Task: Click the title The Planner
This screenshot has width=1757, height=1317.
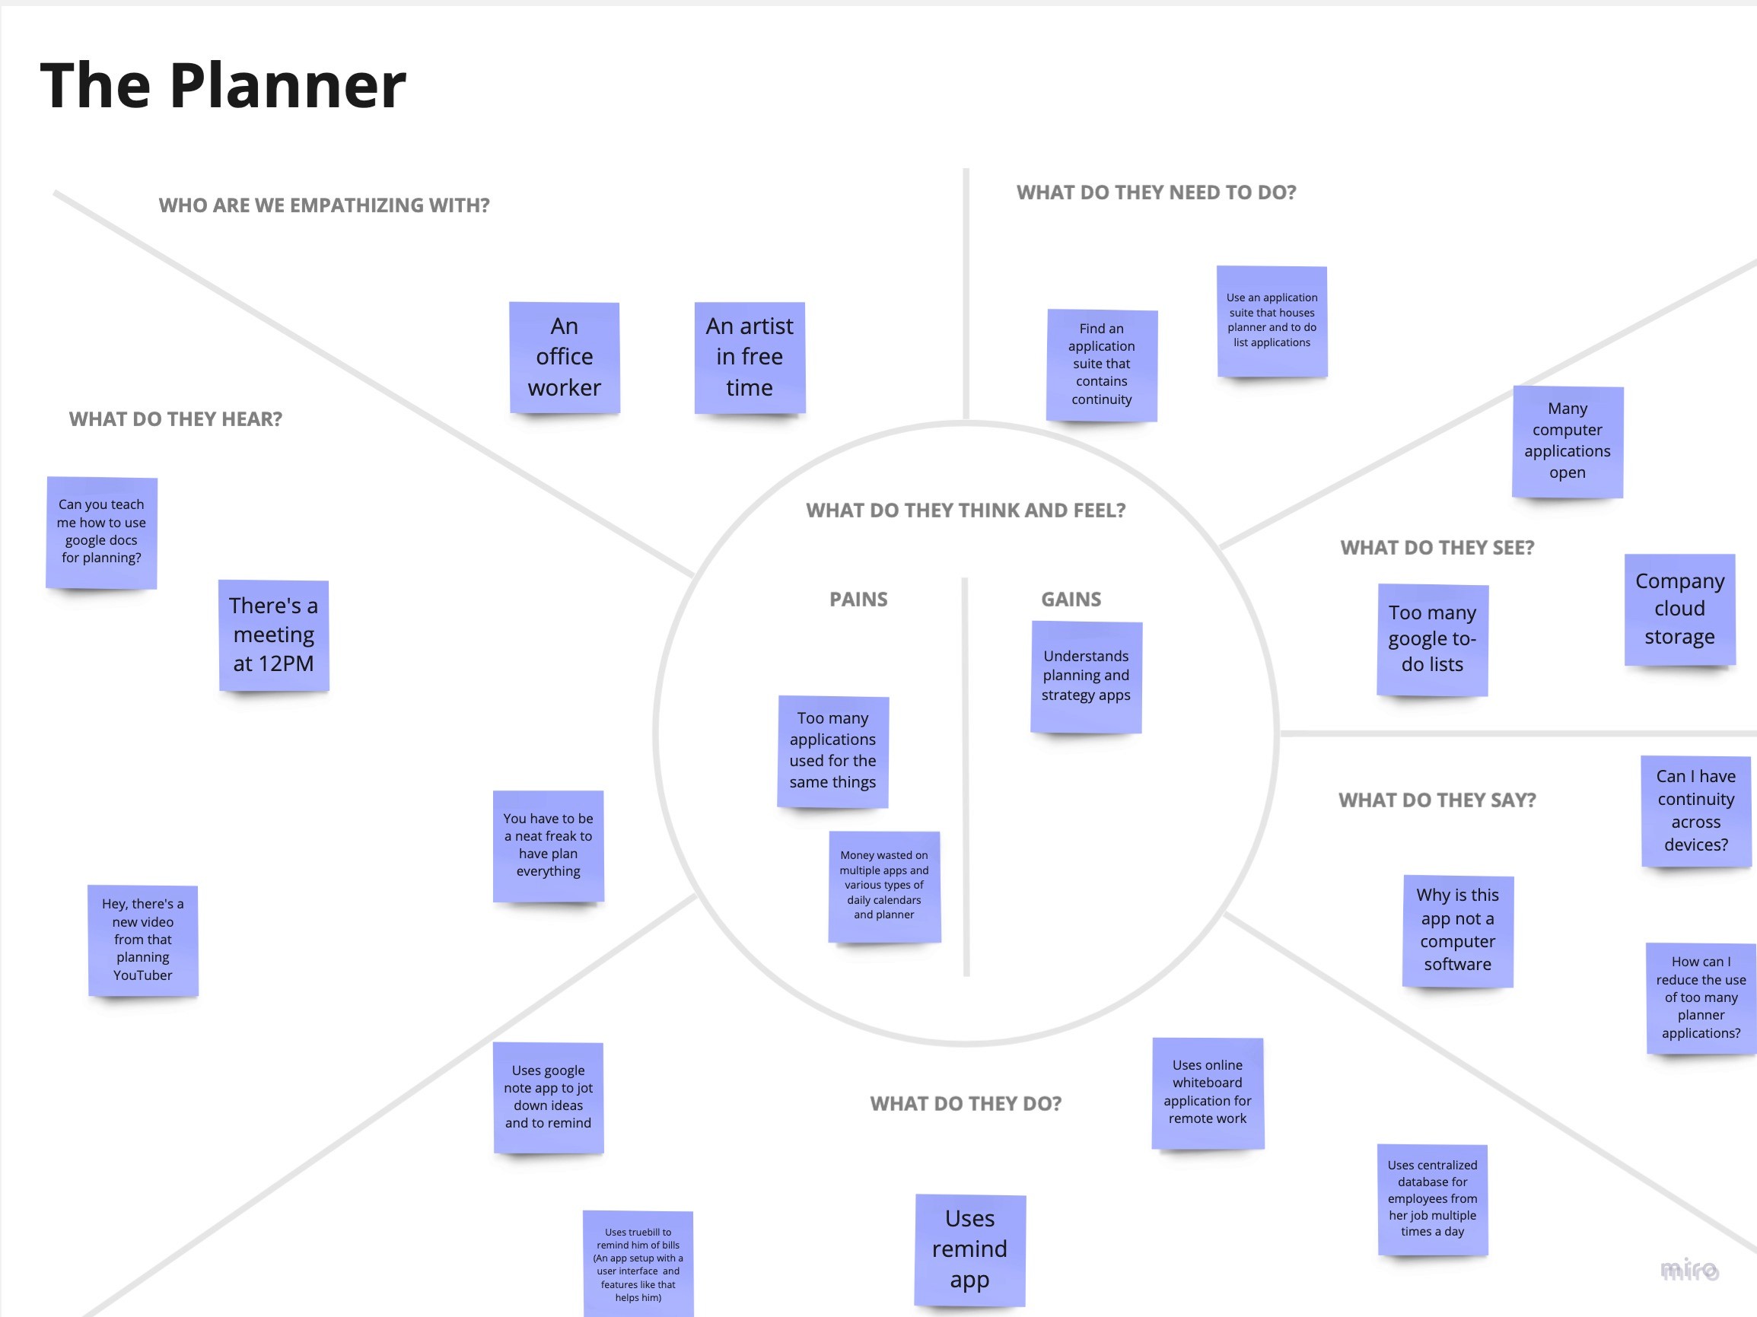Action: tap(223, 86)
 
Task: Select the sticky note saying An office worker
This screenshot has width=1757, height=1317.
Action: tap(564, 358)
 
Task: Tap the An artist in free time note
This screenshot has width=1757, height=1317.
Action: tap(749, 358)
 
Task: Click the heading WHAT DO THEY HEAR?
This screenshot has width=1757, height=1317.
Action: tap(176, 419)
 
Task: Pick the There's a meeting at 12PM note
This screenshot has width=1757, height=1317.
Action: tap(273, 635)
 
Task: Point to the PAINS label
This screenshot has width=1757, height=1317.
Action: tap(858, 600)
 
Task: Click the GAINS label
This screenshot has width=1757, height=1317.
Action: tap(1071, 600)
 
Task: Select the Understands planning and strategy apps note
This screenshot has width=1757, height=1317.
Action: tap(1086, 676)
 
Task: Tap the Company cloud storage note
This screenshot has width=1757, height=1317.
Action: tap(1679, 609)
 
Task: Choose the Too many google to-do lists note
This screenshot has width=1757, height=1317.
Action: tap(1432, 639)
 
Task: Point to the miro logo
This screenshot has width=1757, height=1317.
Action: tap(1689, 1269)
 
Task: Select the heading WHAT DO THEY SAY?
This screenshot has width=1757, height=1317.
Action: tap(1437, 800)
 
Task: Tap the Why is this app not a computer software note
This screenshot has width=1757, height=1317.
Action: tap(1457, 930)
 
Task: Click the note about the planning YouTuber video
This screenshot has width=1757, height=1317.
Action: tap(143, 940)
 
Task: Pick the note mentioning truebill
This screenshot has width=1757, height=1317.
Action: tap(638, 1264)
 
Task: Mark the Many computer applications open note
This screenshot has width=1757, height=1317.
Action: tap(1568, 441)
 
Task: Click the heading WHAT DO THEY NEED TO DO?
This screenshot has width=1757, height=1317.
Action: tap(1156, 193)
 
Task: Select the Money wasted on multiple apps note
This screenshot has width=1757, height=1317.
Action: tap(884, 886)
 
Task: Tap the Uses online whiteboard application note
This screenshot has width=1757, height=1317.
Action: tap(1208, 1093)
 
